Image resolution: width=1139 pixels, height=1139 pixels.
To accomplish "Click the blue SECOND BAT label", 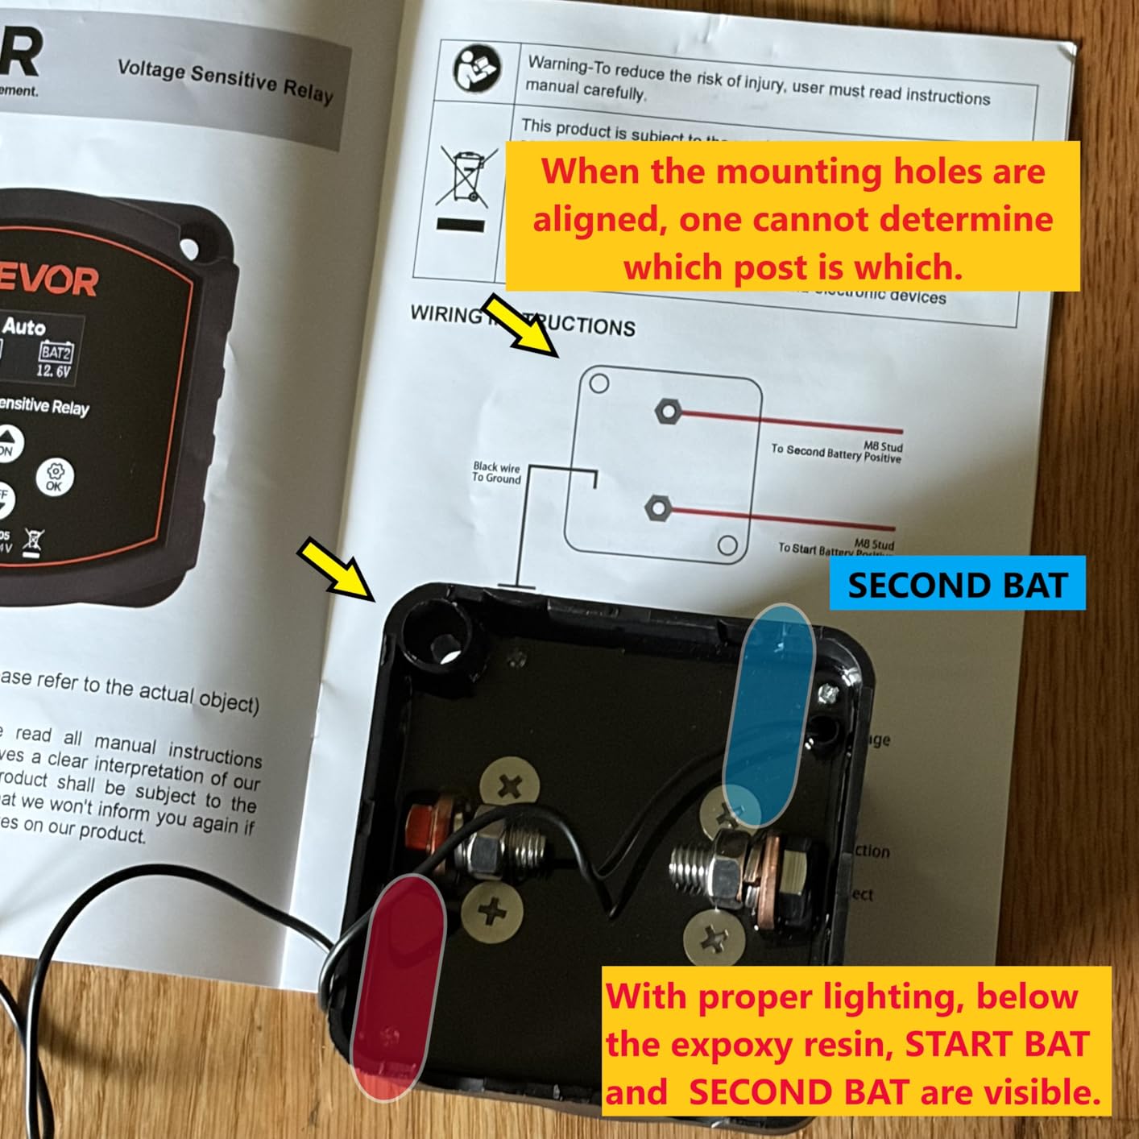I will pos(957,584).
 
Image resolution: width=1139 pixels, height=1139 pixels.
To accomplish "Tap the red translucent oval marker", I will pos(399,987).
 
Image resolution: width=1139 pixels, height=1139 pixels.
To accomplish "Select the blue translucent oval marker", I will pos(768,715).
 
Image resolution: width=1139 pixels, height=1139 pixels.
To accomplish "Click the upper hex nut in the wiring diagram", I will pos(667,412).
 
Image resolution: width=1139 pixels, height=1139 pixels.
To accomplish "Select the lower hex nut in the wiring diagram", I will pos(657,508).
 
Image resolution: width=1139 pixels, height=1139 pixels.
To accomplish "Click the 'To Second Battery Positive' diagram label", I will pos(836,452).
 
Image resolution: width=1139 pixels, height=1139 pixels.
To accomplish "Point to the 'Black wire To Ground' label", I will pos(496,473).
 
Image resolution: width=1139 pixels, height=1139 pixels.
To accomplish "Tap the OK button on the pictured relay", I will pos(55,477).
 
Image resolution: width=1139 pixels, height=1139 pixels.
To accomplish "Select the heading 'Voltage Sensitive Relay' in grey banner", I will pos(225,81).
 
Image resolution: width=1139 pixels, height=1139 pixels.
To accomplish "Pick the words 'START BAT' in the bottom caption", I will pos(997,1045).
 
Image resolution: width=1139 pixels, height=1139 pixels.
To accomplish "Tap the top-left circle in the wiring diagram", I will pos(599,383).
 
